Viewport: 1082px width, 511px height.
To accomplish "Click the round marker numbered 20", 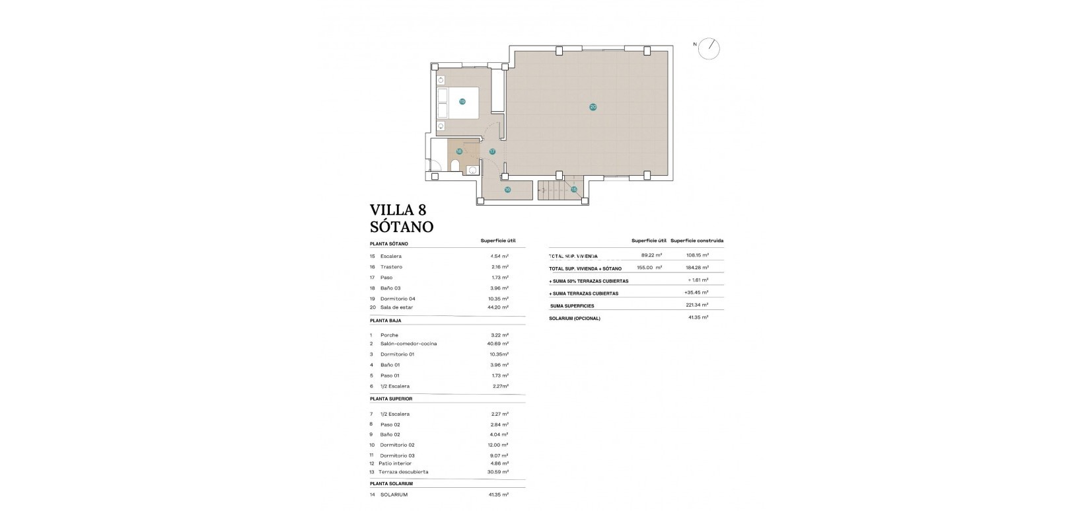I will click(593, 106).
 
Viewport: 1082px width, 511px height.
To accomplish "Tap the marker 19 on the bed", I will click(462, 102).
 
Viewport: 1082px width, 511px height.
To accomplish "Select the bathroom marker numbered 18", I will click(459, 151).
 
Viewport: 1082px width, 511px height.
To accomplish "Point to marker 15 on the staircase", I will click(574, 190).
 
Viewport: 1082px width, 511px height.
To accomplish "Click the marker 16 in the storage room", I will click(507, 190).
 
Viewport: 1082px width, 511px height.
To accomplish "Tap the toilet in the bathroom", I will click(454, 165).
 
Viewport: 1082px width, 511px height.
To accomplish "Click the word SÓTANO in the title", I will click(402, 227).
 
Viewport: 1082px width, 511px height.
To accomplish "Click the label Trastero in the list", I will click(391, 267).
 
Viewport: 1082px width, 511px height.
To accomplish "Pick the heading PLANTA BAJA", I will click(386, 321).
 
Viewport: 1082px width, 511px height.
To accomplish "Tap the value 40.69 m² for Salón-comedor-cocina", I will click(497, 344).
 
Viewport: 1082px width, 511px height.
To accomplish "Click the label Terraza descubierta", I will click(404, 472).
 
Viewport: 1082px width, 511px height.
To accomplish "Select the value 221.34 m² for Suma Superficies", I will click(697, 305).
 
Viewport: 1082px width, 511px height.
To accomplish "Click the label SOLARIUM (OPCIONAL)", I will click(575, 319).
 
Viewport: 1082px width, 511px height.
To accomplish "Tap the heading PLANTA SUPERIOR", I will click(391, 399).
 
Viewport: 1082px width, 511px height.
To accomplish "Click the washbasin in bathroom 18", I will click(472, 170).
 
